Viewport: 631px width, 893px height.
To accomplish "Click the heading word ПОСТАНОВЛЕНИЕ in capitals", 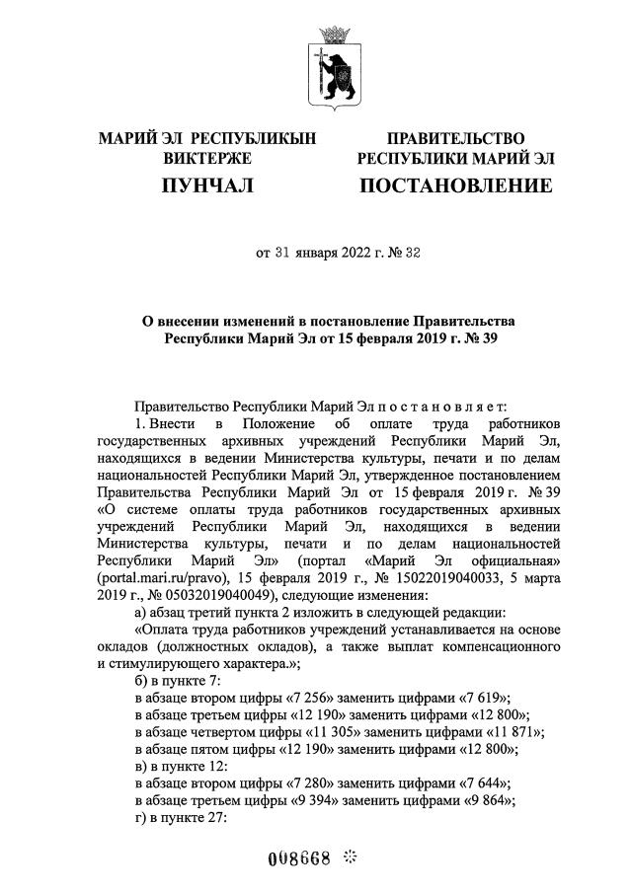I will pyautogui.click(x=455, y=186).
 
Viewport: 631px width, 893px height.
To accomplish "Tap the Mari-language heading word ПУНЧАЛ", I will pyautogui.click(x=207, y=186).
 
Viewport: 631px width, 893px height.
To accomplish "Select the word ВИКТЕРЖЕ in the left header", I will pyautogui.click(x=207, y=158).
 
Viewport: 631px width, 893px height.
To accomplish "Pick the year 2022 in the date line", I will pyautogui.click(x=343, y=253).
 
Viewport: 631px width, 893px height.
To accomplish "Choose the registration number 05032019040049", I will pyautogui.click(x=210, y=595).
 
